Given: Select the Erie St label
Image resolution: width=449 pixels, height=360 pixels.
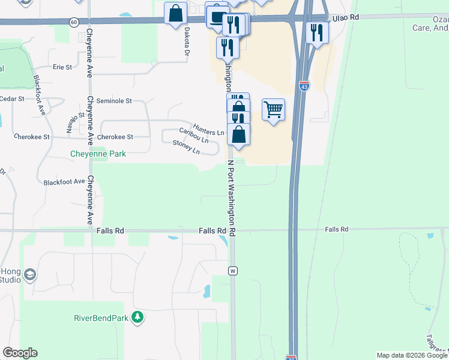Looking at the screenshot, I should click(x=62, y=67).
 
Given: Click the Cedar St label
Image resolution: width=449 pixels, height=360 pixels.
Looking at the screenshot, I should click(x=11, y=98).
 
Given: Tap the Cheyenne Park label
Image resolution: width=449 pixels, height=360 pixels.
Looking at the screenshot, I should click(x=99, y=154).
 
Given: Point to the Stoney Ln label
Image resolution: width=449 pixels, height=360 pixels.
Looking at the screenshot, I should click(x=186, y=146).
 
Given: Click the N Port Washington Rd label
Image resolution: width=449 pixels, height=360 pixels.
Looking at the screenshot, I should click(x=231, y=198).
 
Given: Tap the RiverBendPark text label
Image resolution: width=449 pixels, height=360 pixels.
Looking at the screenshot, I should click(x=101, y=317).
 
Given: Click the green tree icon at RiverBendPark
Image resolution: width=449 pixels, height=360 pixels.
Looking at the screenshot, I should click(x=138, y=317).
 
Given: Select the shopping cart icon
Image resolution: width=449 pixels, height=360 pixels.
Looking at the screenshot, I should click(x=274, y=109).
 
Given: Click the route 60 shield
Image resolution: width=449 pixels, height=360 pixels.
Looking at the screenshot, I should click(x=73, y=22).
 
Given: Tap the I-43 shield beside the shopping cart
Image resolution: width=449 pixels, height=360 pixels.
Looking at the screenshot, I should click(x=304, y=86).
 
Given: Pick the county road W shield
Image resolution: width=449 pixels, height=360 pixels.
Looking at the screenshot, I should click(x=232, y=271).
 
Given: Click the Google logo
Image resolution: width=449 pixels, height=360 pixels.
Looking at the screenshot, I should click(x=20, y=353).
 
